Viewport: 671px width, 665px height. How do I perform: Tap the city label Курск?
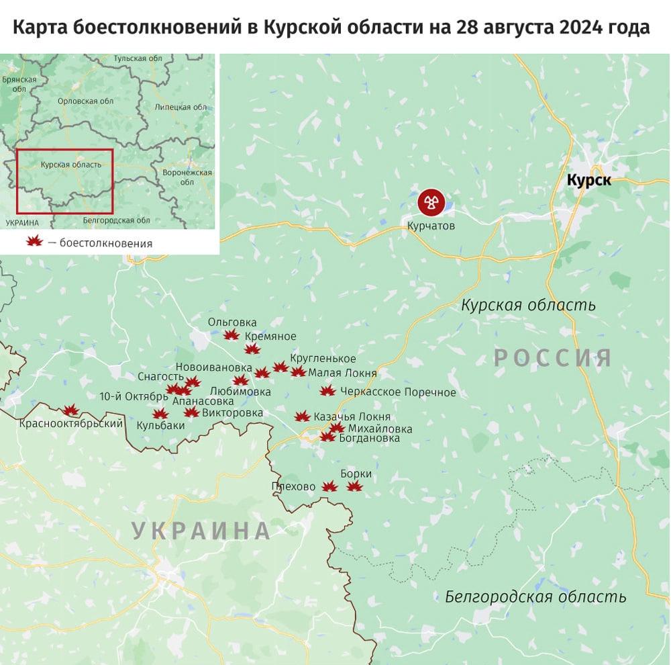(x=588, y=180)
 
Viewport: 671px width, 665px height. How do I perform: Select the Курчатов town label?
(x=431, y=226)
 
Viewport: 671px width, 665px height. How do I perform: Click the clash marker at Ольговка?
(x=231, y=335)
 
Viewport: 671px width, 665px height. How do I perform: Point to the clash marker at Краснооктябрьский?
(x=70, y=410)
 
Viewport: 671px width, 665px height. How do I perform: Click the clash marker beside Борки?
(x=354, y=486)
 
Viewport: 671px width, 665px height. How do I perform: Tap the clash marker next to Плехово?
(x=329, y=487)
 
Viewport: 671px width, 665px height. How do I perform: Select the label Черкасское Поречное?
(x=398, y=392)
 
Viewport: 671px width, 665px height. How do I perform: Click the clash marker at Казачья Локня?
(x=302, y=416)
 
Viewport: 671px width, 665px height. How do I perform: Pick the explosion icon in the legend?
(x=34, y=242)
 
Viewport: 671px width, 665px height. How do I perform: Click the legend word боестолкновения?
(x=105, y=243)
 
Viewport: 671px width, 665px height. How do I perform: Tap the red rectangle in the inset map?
(x=64, y=180)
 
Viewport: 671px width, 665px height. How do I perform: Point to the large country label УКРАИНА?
(x=201, y=531)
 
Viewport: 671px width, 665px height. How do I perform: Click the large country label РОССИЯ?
(x=553, y=357)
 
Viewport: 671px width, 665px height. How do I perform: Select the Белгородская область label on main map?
(x=535, y=596)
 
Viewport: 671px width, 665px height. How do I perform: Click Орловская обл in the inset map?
(x=87, y=101)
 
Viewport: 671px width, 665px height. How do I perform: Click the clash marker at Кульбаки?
(x=160, y=414)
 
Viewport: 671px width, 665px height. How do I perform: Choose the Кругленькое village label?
(x=323, y=359)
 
